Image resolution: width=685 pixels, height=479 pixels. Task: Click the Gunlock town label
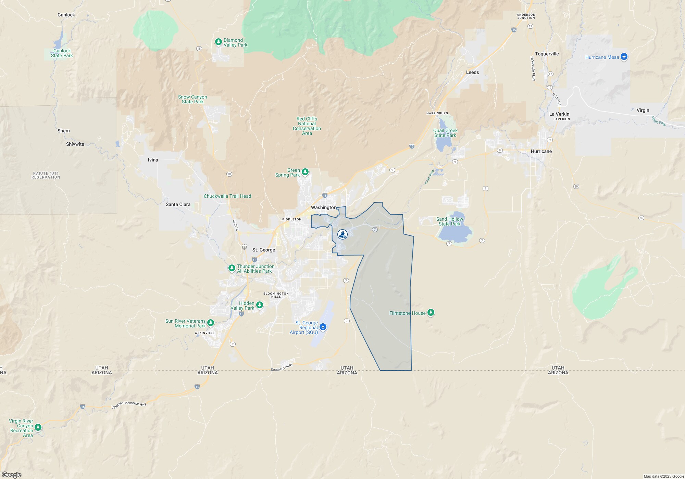(x=66, y=15)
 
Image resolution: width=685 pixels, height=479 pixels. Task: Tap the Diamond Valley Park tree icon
(x=218, y=42)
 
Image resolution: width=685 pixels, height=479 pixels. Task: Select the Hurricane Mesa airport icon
(x=624, y=56)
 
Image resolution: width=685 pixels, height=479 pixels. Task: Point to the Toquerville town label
(x=547, y=54)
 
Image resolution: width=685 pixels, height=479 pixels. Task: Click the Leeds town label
(x=472, y=72)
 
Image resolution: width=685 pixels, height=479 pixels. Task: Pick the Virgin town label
(x=643, y=110)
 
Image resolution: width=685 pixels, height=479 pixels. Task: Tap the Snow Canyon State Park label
(x=192, y=99)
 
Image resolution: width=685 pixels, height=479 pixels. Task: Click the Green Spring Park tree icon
(x=305, y=172)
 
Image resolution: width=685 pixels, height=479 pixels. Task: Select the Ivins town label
(x=153, y=160)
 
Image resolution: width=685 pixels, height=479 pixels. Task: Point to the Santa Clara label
(x=178, y=204)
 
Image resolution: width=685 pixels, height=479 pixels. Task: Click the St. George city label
(x=264, y=250)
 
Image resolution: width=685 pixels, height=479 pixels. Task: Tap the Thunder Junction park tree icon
(x=232, y=268)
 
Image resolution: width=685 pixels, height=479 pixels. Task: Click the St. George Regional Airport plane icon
(x=323, y=327)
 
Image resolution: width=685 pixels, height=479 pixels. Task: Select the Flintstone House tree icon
(x=431, y=312)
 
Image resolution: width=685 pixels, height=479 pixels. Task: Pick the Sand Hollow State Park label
(x=450, y=221)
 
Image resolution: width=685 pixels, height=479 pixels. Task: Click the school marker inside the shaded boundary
(x=342, y=234)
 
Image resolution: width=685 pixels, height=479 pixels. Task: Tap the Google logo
(x=11, y=475)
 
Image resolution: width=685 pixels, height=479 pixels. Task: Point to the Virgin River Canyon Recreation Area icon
(x=38, y=427)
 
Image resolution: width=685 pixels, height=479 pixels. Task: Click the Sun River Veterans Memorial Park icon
(x=211, y=323)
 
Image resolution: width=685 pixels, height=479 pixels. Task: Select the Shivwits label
(x=75, y=144)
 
